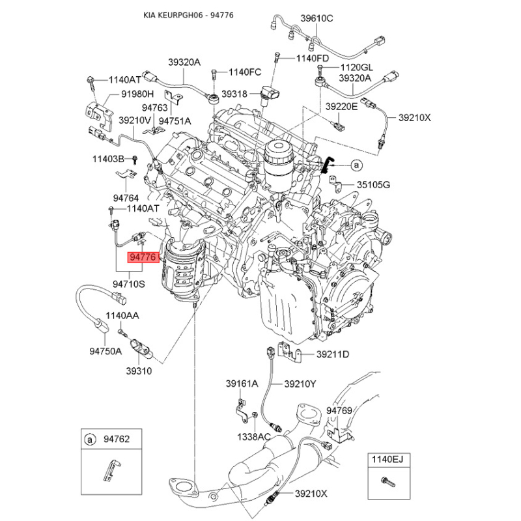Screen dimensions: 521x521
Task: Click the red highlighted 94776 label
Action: point(143,258)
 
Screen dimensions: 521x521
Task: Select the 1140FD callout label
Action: point(313,59)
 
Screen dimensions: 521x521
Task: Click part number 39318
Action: point(234,94)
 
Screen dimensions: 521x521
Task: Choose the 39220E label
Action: point(341,106)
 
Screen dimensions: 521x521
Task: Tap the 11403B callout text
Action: point(108,159)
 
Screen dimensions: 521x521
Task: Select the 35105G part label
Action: point(373,185)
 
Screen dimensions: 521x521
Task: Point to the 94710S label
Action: point(129,284)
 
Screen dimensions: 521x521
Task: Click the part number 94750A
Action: point(106,351)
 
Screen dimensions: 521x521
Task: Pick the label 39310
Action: point(138,371)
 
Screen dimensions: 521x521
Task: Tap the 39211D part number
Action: point(333,354)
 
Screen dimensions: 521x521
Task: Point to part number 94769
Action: point(339,411)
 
